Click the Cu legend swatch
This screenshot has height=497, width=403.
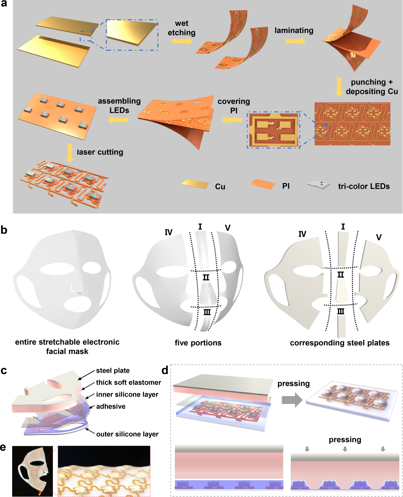coord(195,184)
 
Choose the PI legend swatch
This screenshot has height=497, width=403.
coord(263,184)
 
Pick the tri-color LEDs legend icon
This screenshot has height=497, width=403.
coord(319,185)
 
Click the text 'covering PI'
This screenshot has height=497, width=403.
coord(234,106)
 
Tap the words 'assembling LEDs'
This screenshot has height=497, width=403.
coord(119,106)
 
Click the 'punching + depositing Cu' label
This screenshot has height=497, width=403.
coord(372,87)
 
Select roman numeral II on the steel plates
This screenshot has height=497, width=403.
coord(340,275)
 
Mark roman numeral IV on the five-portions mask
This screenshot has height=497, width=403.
coord(169,232)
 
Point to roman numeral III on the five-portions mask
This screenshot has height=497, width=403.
coord(207,312)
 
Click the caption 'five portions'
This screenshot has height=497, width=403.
coord(198,343)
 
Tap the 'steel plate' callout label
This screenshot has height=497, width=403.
coord(113,371)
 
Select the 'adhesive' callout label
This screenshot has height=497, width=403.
coord(111,406)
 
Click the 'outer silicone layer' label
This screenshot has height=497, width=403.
coord(127,434)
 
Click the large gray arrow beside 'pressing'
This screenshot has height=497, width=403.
coord(292,400)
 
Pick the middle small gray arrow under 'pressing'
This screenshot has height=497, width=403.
coord(345,449)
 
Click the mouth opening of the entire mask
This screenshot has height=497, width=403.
coord(79,304)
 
